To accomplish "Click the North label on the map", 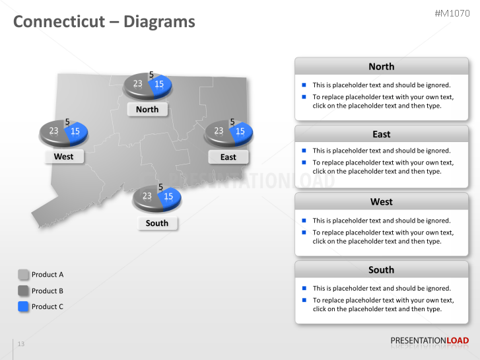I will click(x=147, y=109).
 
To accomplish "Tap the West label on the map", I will click(x=63, y=157).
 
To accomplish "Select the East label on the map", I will click(x=228, y=157).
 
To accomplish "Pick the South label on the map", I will click(x=156, y=223).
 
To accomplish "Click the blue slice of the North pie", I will click(x=160, y=85).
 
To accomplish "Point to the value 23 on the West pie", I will click(x=53, y=131).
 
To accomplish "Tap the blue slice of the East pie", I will click(x=241, y=131).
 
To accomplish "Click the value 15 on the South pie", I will click(x=168, y=196).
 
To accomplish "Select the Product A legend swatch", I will click(x=23, y=274).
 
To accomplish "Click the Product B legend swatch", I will click(x=23, y=291).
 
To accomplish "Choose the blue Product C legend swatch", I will click(x=23, y=306).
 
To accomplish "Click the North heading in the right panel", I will click(x=381, y=67).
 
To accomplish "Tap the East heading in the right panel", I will click(x=381, y=134).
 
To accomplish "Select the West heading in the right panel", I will click(x=381, y=202).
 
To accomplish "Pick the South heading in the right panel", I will click(x=381, y=270).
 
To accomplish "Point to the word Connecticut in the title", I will click(x=59, y=22).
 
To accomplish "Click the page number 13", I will click(x=21, y=344).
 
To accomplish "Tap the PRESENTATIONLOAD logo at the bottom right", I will click(x=429, y=341).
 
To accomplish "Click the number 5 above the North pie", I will click(x=151, y=75).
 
